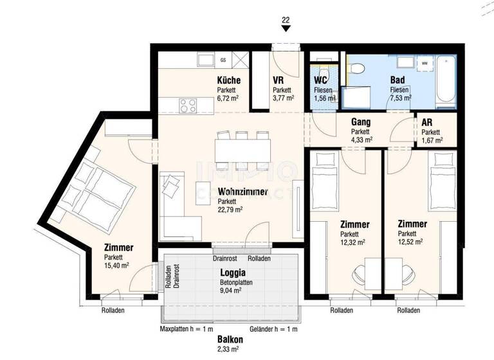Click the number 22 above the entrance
point(286,20)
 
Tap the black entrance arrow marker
point(286,29)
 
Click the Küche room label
point(228,80)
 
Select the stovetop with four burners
point(187,105)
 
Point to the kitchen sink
point(205,60)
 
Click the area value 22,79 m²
point(230,210)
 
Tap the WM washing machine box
point(425,63)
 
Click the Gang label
point(360,122)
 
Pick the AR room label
point(426,122)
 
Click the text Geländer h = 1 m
point(273,330)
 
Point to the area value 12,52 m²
point(410,242)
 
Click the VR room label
point(279,80)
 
